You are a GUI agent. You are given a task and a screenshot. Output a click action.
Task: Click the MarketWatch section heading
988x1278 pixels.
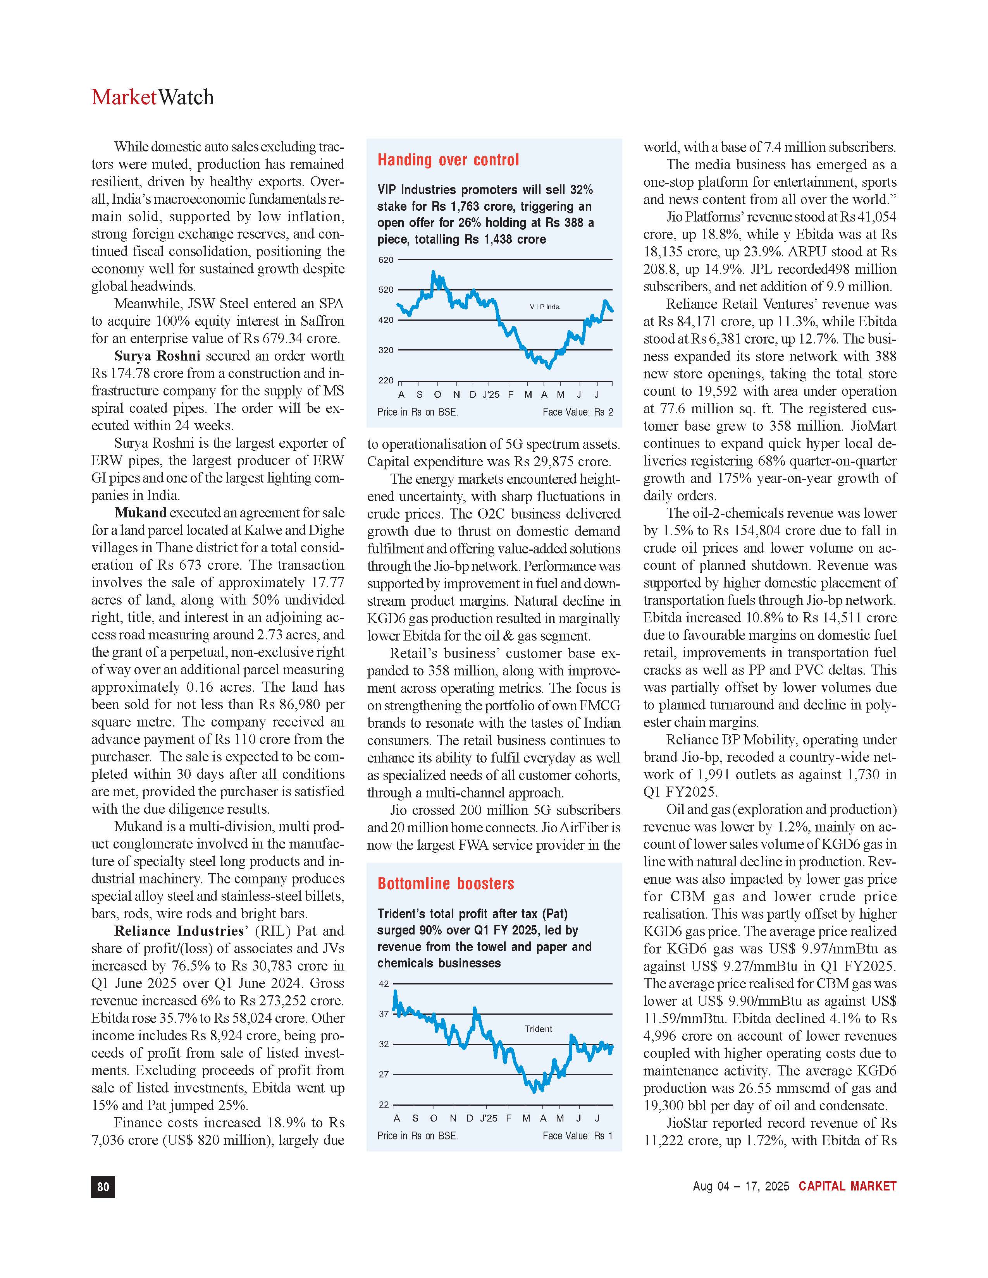[x=152, y=97]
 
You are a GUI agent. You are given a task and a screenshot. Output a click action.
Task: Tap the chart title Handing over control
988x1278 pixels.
[x=448, y=160]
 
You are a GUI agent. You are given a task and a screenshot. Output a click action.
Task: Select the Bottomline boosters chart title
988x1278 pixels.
[x=446, y=884]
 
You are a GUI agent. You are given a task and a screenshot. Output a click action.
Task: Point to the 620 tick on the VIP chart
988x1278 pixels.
[x=386, y=260]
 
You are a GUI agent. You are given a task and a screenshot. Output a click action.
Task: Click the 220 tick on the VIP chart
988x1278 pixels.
[x=386, y=380]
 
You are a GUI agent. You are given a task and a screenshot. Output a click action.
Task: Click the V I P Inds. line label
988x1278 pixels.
[x=544, y=307]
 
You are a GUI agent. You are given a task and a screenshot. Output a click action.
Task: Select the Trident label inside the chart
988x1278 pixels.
[x=538, y=1029]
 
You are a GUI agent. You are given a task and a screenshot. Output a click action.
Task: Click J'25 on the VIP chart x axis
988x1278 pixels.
[x=491, y=395]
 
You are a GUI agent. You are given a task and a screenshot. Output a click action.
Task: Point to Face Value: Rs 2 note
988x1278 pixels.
[x=578, y=412]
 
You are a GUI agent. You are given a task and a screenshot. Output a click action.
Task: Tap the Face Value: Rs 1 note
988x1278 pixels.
[x=577, y=1136]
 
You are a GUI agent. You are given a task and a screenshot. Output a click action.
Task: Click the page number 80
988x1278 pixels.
[x=103, y=1187]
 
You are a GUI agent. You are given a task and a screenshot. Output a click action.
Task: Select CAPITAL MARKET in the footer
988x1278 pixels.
[x=847, y=1186]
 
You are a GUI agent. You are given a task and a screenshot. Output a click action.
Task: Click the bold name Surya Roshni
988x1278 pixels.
[x=157, y=356]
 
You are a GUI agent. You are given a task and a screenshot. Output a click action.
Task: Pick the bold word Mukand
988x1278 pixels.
[x=141, y=513]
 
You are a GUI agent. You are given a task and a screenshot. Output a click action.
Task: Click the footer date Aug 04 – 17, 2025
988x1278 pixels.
[x=740, y=1186]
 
